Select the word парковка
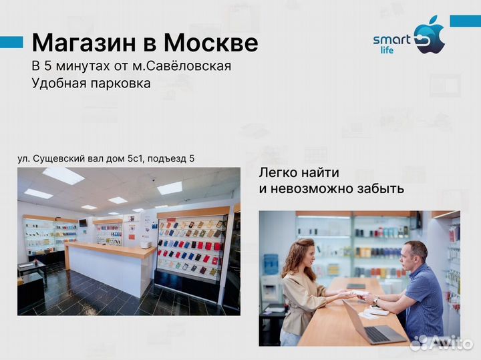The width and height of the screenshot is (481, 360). [118, 83]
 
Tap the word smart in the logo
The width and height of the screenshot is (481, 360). [391, 39]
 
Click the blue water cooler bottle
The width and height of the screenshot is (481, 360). [271, 264]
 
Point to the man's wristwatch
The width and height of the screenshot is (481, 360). [395, 301]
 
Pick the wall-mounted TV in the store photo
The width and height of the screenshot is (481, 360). [83, 222]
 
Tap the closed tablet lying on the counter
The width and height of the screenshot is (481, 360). [355, 286]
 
